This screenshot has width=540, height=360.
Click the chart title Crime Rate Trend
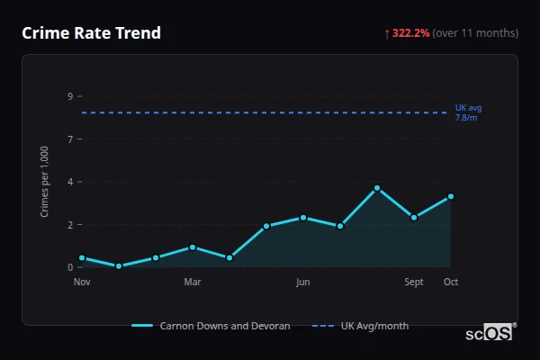92,33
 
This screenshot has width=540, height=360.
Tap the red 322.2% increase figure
410,33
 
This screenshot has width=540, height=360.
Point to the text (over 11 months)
475,33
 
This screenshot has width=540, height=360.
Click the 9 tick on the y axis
70,96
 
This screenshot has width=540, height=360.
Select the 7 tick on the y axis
70,139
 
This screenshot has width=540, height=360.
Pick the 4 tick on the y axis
70,182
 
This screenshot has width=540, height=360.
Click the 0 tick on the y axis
70,267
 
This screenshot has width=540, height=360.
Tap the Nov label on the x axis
82,282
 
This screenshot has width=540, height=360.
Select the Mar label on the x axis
193,282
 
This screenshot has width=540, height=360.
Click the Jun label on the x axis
303,282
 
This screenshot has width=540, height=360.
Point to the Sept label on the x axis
414,282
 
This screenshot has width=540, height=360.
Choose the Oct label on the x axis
451,282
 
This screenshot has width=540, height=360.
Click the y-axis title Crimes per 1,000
45,182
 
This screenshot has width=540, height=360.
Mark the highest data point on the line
377,188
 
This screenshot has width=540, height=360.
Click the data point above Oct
451,196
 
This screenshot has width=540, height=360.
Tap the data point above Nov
82,258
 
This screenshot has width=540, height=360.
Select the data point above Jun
303,218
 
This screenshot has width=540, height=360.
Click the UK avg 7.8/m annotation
469,112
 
